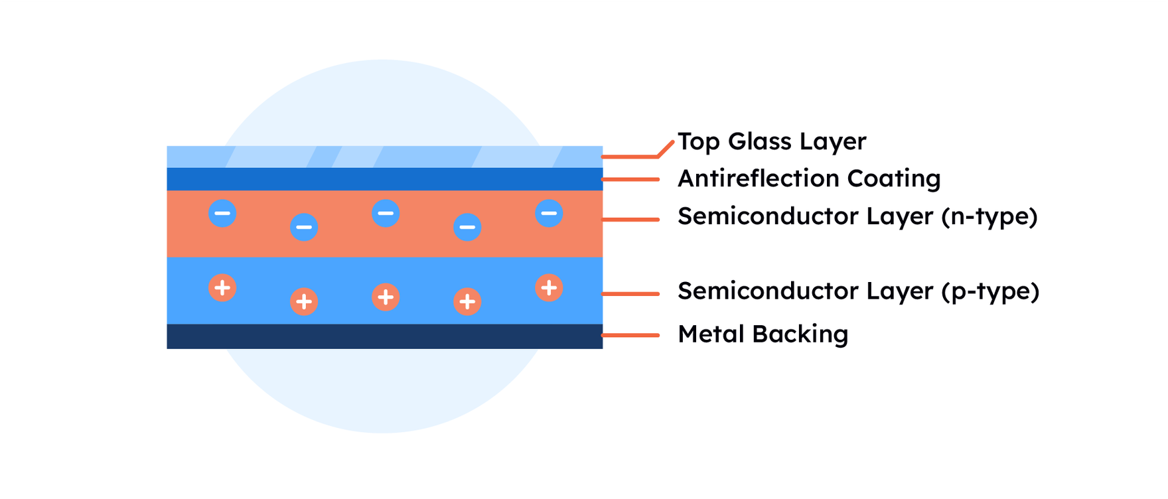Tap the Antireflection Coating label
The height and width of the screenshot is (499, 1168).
tap(809, 178)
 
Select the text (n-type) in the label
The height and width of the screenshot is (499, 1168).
tap(989, 217)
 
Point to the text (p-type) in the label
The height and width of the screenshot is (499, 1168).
tap(990, 291)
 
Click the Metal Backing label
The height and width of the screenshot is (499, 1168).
tap(763, 334)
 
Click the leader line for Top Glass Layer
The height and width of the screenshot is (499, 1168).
tap(630, 157)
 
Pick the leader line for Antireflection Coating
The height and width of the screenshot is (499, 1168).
tap(630, 179)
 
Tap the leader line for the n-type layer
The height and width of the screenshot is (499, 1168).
tap(630, 219)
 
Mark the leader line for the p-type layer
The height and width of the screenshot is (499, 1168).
tap(630, 293)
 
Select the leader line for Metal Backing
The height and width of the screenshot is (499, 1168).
tap(630, 335)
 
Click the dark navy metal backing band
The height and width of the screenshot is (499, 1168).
tap(385, 336)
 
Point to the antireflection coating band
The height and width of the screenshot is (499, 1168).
tap(385, 179)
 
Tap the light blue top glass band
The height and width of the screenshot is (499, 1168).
tap(385, 157)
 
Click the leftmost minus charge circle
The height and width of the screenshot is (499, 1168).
tap(222, 213)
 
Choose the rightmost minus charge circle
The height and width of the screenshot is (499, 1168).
tap(549, 213)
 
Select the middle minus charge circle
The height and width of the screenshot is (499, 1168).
tap(386, 213)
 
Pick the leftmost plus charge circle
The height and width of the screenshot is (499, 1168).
tap(222, 288)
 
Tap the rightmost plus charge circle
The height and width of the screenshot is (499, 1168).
tap(549, 288)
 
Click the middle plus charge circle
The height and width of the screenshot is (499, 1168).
tap(386, 297)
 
